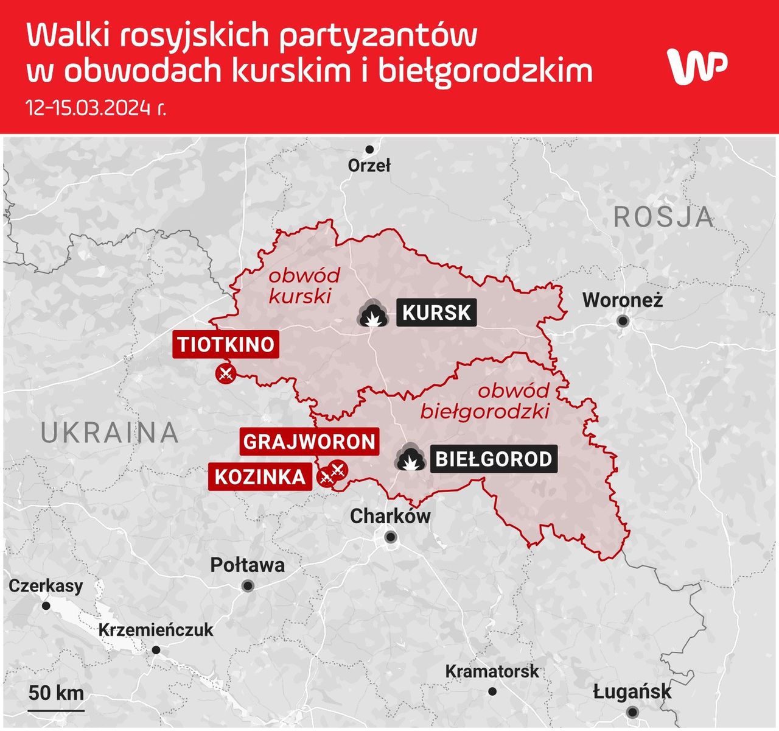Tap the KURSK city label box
click(x=436, y=313)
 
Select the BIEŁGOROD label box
click(x=494, y=459)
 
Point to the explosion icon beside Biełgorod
click(x=410, y=458)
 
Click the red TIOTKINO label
click(x=226, y=344)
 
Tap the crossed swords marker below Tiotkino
click(x=225, y=373)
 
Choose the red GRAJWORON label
click(x=309, y=441)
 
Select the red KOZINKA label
click(x=260, y=476)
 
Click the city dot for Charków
click(x=391, y=537)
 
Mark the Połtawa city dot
click(x=248, y=586)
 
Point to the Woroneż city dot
click(x=623, y=320)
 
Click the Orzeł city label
click(x=369, y=165)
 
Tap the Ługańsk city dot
click(x=632, y=712)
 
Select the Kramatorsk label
click(x=492, y=671)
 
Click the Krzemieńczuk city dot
click(x=156, y=650)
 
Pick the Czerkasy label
click(x=46, y=586)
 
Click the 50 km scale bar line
click(x=56, y=710)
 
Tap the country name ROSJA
click(x=663, y=217)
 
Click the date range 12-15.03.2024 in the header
click(x=96, y=108)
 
